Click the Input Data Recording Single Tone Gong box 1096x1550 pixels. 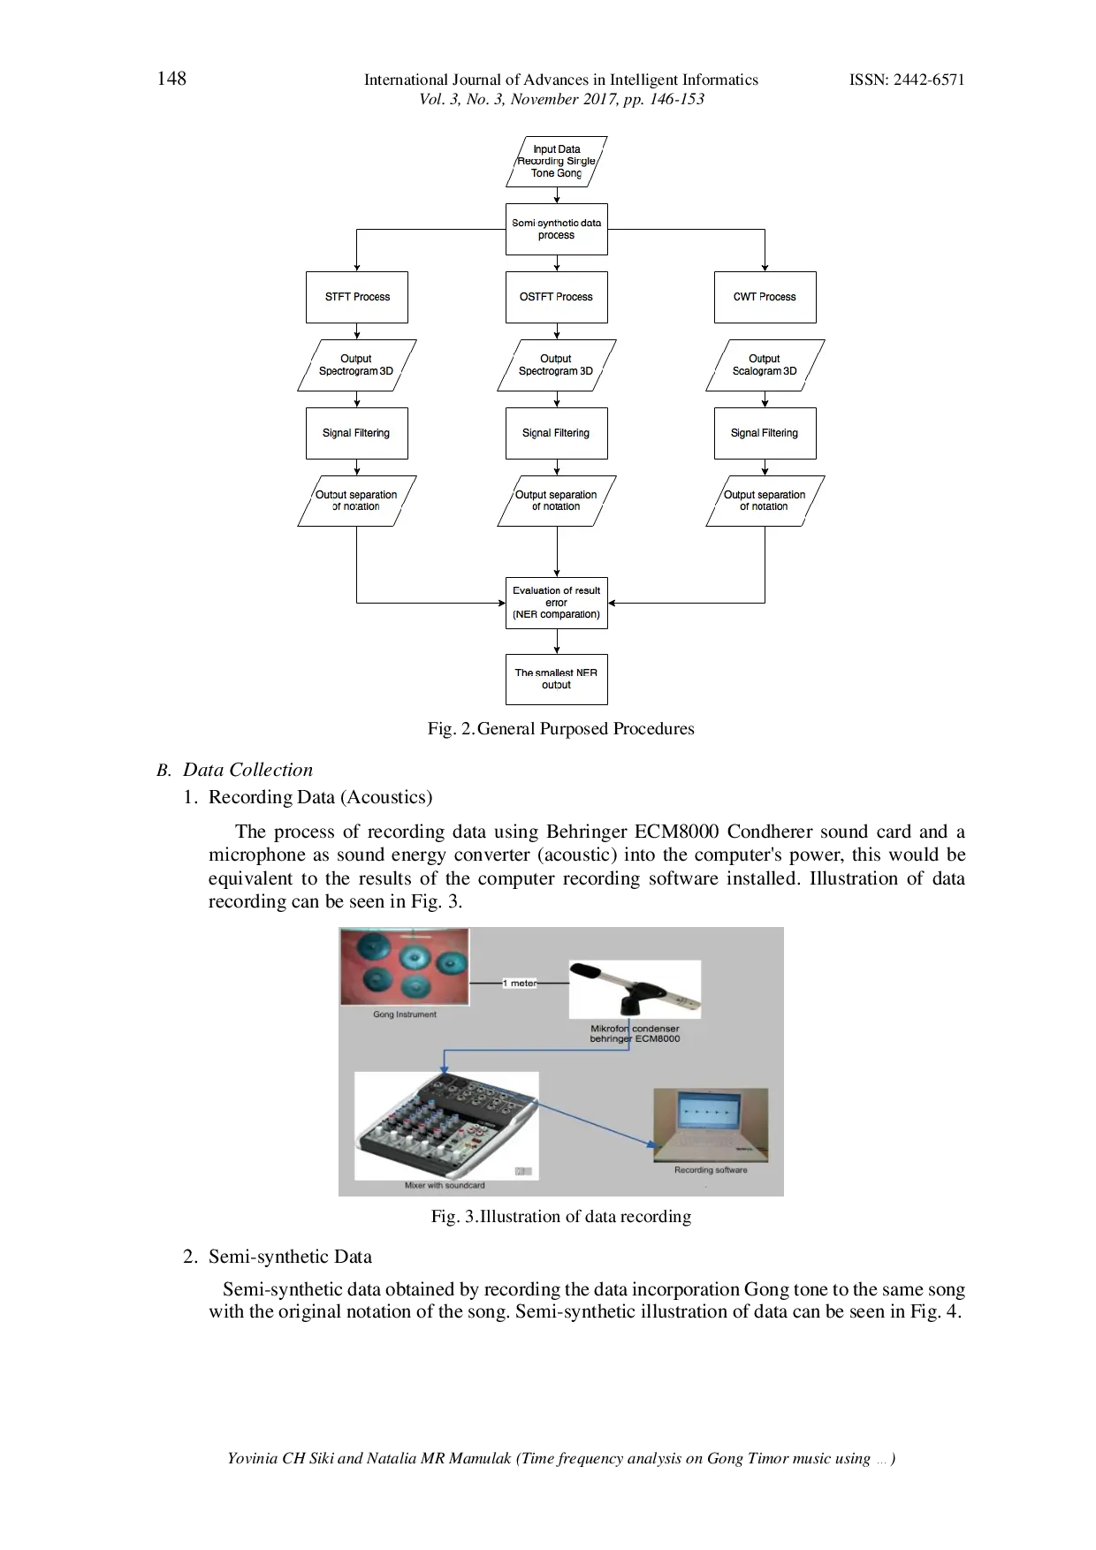point(556,162)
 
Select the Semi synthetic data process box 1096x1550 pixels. point(556,230)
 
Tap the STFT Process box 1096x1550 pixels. point(357,297)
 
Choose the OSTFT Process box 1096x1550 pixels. point(556,297)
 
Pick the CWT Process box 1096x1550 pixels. point(765,297)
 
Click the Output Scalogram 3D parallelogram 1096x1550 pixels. point(765,365)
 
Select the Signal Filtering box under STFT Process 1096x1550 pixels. point(357,433)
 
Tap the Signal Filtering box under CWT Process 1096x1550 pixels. point(765,433)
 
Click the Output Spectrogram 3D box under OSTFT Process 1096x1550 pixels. point(556,365)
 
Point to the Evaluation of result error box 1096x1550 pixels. point(556,603)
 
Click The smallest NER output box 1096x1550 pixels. point(556,679)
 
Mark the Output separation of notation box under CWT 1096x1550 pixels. point(765,501)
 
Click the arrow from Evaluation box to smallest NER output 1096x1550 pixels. point(557,642)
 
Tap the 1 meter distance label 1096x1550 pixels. point(520,983)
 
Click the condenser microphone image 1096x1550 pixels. point(635,990)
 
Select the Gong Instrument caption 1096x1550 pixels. point(405,1014)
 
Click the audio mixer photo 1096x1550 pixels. point(446,1125)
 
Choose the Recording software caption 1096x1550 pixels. point(711,1170)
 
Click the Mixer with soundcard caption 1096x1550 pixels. point(445,1186)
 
